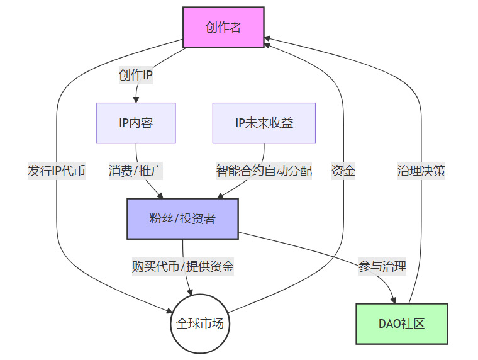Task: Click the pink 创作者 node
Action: tap(223, 27)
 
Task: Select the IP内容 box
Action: tap(136, 123)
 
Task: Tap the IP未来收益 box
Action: tap(264, 123)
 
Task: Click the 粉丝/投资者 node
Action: tap(182, 218)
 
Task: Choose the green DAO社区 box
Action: tap(402, 323)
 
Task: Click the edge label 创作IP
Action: tap(136, 76)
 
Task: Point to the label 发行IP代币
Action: tap(57, 171)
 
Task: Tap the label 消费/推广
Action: tap(136, 171)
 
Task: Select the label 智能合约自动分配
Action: tap(264, 171)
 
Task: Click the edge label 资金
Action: tap(343, 171)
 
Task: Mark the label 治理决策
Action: tap(421, 171)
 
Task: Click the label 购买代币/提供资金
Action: tap(183, 266)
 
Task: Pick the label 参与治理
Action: tap(382, 266)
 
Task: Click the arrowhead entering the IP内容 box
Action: tap(136, 99)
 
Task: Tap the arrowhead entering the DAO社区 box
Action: tap(395, 300)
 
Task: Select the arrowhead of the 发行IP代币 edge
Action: tap(170, 310)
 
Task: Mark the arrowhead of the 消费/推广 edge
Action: tap(161, 195)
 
